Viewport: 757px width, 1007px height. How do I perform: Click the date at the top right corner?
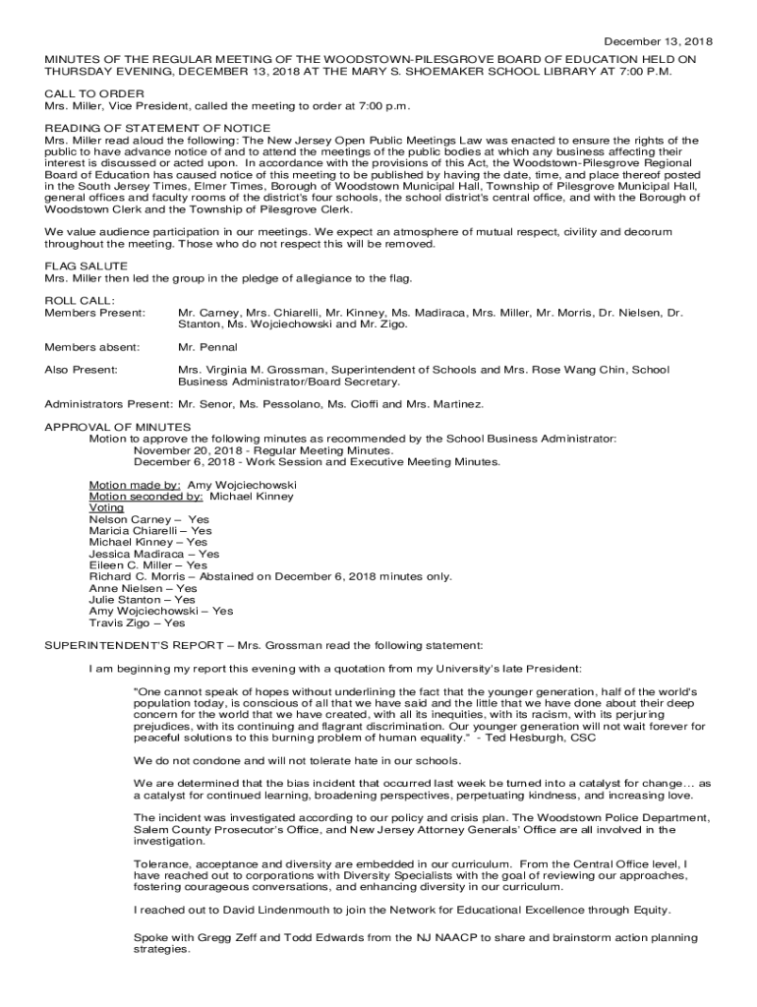[x=658, y=41]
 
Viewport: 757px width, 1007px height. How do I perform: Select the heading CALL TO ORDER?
[x=94, y=93]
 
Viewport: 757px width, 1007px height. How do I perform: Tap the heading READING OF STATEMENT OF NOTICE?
[x=157, y=129]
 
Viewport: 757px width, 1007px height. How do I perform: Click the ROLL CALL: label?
[x=80, y=301]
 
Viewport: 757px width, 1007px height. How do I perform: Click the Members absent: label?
[x=92, y=347]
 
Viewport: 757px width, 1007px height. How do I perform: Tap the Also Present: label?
[x=82, y=370]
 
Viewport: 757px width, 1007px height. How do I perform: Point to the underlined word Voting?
[x=106, y=508]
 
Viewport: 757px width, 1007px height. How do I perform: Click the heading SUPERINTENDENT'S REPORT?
[x=133, y=646]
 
